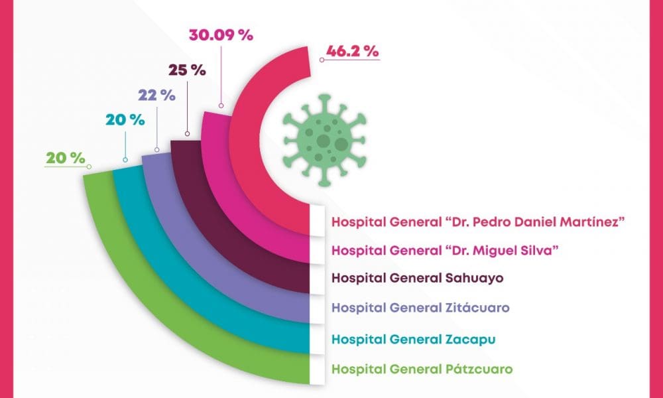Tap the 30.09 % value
pos(221,35)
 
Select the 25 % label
pos(187,70)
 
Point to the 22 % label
pos(156,95)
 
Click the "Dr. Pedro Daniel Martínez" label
pos(479,221)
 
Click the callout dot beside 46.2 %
pos(322,60)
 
